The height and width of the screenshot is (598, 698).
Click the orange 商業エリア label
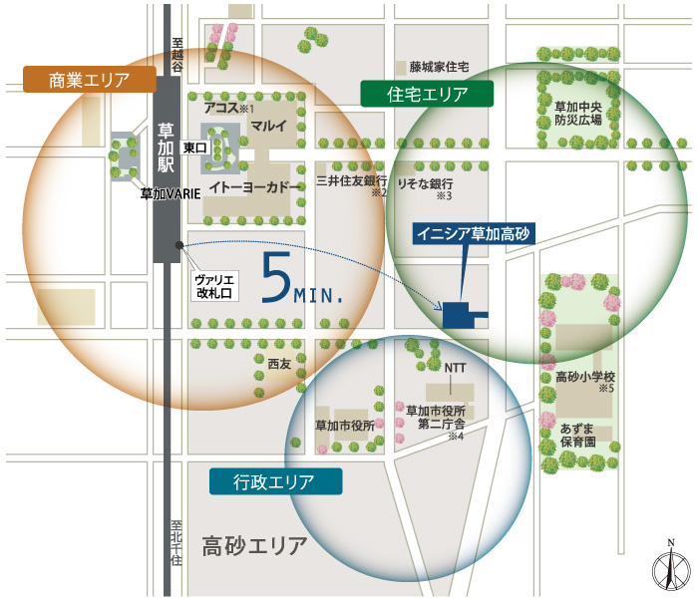(x=89, y=80)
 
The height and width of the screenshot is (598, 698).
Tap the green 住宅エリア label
(x=428, y=94)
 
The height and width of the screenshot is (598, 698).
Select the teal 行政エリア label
(x=274, y=482)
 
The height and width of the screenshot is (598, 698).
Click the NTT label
(x=455, y=367)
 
